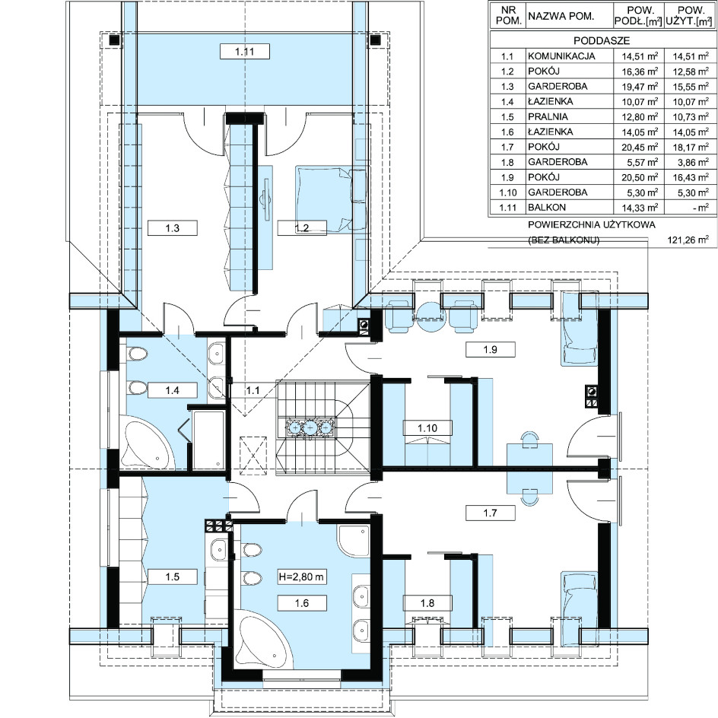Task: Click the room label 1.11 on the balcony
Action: (244, 51)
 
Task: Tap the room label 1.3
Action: (172, 227)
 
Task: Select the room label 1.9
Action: (490, 349)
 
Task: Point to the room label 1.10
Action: (427, 428)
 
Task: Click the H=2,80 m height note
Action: (302, 577)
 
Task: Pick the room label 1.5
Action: (172, 577)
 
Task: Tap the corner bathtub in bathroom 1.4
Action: (148, 443)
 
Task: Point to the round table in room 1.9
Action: (430, 316)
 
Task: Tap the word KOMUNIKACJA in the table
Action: (561, 56)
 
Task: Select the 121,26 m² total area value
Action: (688, 240)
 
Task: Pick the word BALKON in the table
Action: (547, 207)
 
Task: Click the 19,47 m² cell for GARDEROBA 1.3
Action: (640, 87)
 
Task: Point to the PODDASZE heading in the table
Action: (602, 40)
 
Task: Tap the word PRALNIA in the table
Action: (548, 116)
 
